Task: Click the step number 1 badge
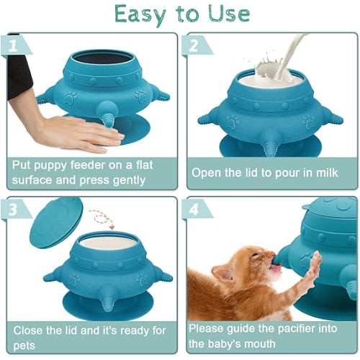click(x=15, y=45)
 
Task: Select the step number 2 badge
click(x=195, y=45)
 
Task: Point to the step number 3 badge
click(x=15, y=210)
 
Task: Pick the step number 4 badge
click(x=195, y=210)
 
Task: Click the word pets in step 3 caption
click(x=24, y=346)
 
